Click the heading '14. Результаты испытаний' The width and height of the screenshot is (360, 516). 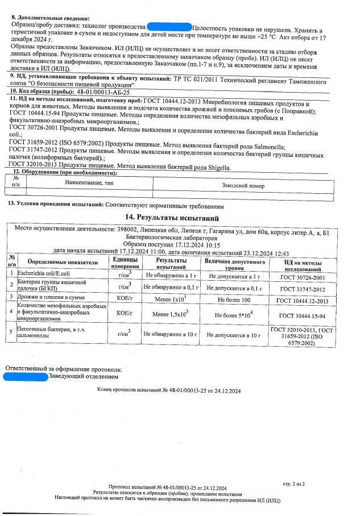click(x=179, y=218)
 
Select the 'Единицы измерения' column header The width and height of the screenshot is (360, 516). click(x=125, y=263)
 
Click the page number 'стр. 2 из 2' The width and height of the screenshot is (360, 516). click(x=294, y=485)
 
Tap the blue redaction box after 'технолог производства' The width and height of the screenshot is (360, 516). click(x=169, y=27)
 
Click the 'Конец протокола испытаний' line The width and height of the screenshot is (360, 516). click(x=169, y=392)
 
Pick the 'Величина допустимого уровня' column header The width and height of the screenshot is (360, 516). click(x=233, y=263)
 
